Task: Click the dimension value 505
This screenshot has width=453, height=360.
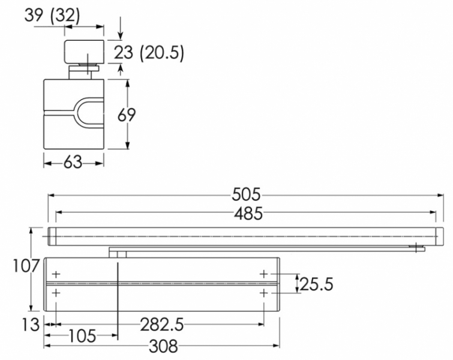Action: [246, 195]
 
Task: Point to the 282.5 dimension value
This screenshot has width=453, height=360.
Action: [161, 325]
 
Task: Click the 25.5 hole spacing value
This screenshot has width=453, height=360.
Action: [316, 283]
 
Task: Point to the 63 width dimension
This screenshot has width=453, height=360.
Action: [73, 162]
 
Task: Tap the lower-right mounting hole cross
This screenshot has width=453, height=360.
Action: [264, 293]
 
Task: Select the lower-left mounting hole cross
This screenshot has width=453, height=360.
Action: [56, 293]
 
